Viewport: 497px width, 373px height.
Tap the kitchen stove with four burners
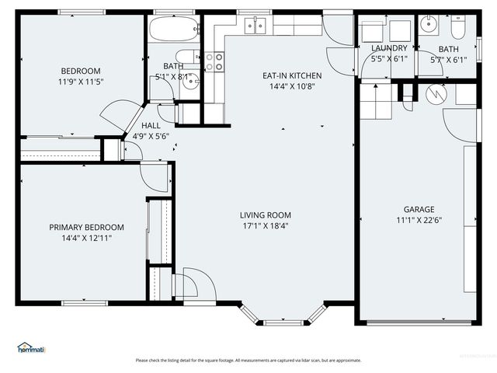pos(214,62)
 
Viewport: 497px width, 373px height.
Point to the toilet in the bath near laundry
pos(458,30)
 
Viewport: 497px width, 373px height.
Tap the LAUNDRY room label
pos(389,48)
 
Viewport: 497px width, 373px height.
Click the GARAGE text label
pos(418,209)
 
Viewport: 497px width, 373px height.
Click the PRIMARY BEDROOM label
pos(86,228)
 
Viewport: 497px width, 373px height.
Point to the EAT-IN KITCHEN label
pos(291,75)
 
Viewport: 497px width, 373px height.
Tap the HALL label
pos(151,125)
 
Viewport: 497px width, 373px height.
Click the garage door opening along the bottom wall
pos(420,322)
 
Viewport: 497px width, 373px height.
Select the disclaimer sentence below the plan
pos(248,360)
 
